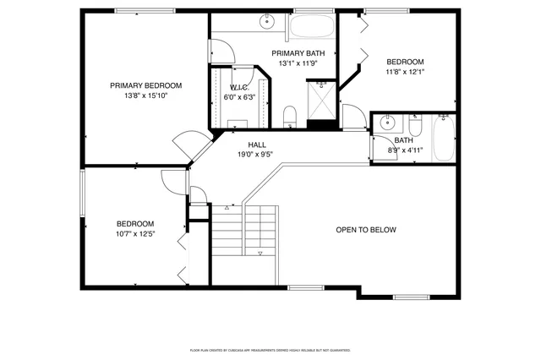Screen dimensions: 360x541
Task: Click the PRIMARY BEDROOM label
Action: click(145, 85)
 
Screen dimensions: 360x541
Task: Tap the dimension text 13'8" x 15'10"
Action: click(145, 96)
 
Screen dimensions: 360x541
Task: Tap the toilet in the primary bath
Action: click(289, 115)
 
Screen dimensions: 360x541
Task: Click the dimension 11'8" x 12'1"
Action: click(405, 72)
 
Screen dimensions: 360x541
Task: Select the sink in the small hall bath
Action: click(386, 121)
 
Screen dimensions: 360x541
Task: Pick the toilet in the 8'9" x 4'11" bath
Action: click(415, 123)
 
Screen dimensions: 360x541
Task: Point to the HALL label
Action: click(257, 145)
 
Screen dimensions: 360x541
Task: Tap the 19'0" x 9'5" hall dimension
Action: click(257, 155)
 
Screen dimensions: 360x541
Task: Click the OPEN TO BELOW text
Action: click(365, 230)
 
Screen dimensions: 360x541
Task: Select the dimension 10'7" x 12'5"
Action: click(135, 235)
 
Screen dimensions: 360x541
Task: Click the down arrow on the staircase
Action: click(260, 254)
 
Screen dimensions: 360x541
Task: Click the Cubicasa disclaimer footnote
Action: click(270, 349)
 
